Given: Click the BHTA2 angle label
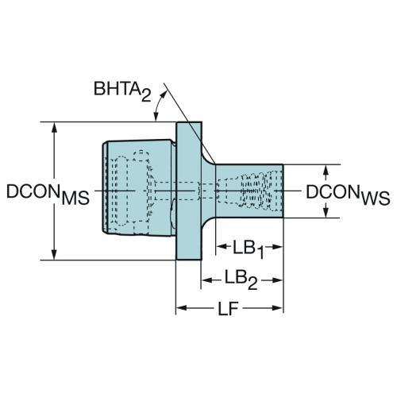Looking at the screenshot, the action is [x=122, y=91].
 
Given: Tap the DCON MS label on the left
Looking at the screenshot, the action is [x=48, y=194].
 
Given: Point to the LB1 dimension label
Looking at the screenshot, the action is [x=249, y=249].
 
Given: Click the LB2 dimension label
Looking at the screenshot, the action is [x=241, y=280].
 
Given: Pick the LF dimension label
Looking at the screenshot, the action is [x=228, y=308].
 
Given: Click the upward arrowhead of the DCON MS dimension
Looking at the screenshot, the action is [x=54, y=128].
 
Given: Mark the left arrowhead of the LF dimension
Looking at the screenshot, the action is [x=182, y=308].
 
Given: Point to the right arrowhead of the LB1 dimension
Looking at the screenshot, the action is [x=277, y=247].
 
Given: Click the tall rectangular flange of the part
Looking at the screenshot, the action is [x=189, y=191].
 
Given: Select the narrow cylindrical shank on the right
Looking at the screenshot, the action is [x=249, y=191].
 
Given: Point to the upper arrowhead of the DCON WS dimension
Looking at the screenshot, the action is [x=326, y=171].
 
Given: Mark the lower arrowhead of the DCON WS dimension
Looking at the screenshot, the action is [x=326, y=212].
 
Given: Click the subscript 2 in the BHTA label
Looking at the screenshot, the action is [x=146, y=96].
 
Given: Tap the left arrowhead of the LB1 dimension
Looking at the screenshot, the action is [x=222, y=247].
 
